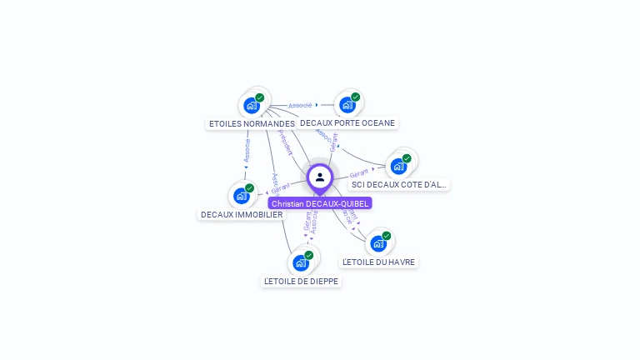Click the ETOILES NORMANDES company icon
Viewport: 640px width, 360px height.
pos(252,106)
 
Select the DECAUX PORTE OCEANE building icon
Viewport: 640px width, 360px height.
pos(347,105)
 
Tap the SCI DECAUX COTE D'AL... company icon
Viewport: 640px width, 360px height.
pos(398,166)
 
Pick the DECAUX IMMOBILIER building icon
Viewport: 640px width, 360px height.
pos(241,196)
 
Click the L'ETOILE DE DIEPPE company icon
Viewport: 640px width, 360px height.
pos(301,262)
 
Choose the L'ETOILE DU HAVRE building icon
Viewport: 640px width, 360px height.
pos(378,243)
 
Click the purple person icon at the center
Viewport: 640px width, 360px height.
pos(320,177)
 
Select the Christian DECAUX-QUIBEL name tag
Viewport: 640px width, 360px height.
pos(320,203)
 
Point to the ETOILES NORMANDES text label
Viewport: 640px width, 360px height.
pos(251,123)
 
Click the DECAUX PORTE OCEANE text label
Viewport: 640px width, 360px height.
pos(347,122)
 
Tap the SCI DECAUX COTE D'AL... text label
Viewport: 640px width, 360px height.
pos(399,184)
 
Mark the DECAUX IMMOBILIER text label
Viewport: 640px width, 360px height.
pos(242,214)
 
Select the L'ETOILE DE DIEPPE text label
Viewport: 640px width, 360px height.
pos(301,281)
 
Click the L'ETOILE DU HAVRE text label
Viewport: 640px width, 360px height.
pos(379,262)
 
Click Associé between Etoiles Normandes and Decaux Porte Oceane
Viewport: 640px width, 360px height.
pos(300,106)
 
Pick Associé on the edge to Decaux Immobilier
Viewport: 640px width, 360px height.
pos(247,151)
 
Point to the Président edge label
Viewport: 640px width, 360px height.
pos(285,142)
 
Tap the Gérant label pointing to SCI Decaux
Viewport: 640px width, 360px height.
pos(359,172)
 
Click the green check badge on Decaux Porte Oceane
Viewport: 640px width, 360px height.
pos(355,97)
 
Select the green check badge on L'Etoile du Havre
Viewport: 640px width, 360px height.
pos(386,236)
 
